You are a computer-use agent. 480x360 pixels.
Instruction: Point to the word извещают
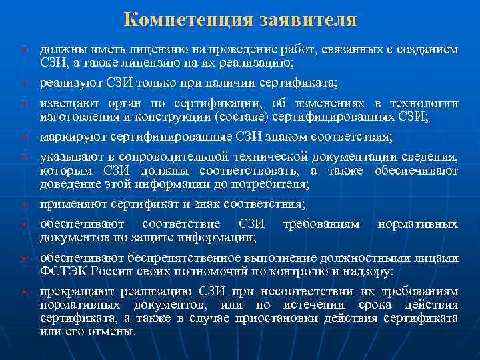(65, 103)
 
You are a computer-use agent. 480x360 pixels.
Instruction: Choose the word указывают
(67, 157)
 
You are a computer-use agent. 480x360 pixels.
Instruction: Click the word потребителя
(273, 183)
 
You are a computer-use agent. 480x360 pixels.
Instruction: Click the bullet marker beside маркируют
(23, 137)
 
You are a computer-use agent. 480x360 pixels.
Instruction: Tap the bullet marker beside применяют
(23, 204)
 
